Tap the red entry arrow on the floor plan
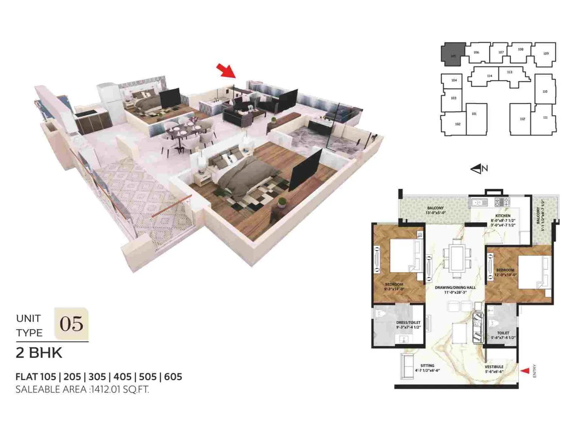click(x=525, y=371)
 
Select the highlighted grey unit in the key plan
click(x=453, y=54)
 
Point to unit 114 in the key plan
click(x=489, y=76)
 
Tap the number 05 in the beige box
click(x=71, y=324)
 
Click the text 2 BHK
click(x=39, y=353)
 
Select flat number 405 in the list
click(x=123, y=377)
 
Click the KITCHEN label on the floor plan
click(x=503, y=216)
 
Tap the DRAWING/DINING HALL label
click(x=455, y=287)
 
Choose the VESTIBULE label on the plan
click(x=494, y=367)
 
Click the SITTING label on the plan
click(x=427, y=366)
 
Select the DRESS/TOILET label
click(x=408, y=322)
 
